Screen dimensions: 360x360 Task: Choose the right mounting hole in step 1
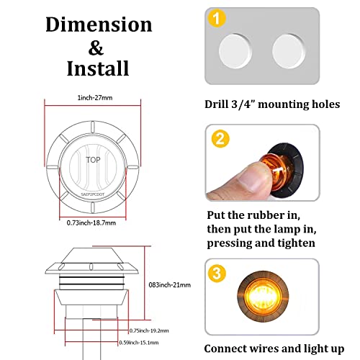tap(289, 50)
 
